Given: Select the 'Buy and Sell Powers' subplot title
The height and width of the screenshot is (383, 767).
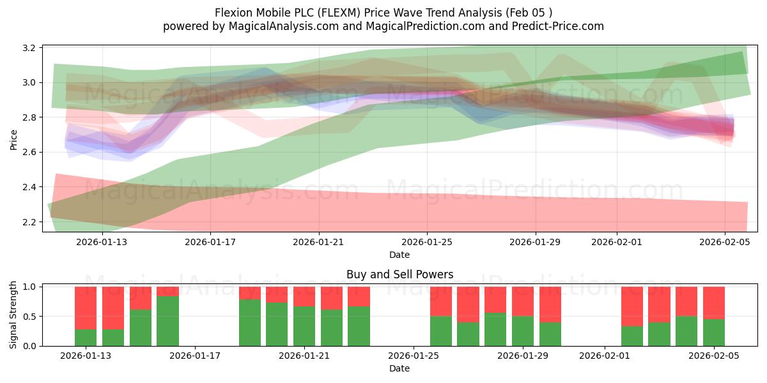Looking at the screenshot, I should [x=399, y=274].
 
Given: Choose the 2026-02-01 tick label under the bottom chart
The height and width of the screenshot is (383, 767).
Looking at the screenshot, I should [x=605, y=356].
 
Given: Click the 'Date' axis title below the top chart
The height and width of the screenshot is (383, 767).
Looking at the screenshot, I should [x=399, y=255].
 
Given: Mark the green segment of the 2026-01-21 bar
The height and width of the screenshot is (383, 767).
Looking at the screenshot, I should [x=304, y=326].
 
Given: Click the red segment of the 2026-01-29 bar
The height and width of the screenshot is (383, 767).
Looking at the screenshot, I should [x=523, y=301].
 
